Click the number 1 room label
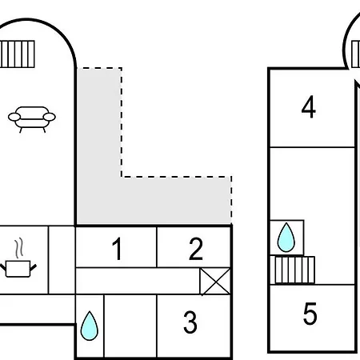tap(117, 249)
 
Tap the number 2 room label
tap(196, 249)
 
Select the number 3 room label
tap(190, 322)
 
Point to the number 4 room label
tap(309, 106)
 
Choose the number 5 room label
tap(310, 314)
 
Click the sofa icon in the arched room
tap(32, 119)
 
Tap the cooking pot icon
tap(18, 269)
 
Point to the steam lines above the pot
tap(18, 248)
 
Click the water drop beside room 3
tap(90, 326)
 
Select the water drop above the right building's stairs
tap(286, 238)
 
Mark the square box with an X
tap(215, 282)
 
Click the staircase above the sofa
tap(18, 54)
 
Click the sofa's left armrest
tap(14, 117)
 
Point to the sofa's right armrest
tap(50, 117)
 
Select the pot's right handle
tap(33, 267)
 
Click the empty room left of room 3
tap(130, 326)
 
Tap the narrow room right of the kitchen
tap(62, 260)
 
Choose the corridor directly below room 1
tap(138, 281)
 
